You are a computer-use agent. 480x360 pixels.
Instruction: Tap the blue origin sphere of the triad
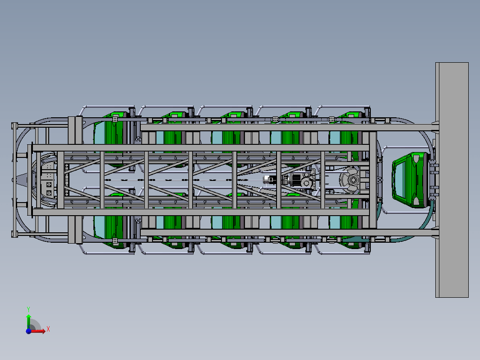click(x=28, y=331)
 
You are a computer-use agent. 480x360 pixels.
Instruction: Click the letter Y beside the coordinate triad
click(x=28, y=309)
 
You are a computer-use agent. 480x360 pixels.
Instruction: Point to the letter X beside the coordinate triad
click(x=48, y=329)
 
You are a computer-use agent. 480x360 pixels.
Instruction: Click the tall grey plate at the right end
click(x=452, y=180)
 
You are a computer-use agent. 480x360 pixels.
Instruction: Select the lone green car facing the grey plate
click(x=410, y=180)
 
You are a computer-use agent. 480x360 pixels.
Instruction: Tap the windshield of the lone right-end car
click(x=400, y=180)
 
